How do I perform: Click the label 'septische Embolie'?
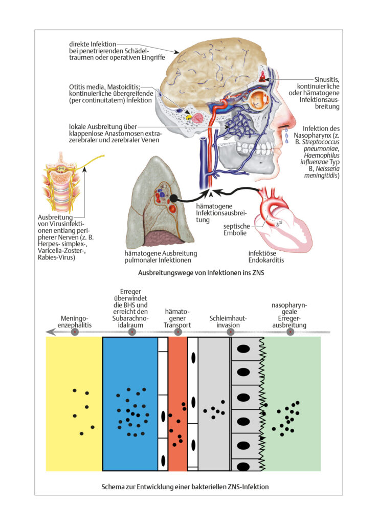click(236, 230)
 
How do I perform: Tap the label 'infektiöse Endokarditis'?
click(266, 256)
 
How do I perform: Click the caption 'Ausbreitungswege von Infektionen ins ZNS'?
click(201, 273)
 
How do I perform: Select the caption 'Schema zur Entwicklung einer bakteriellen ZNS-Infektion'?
click(185, 487)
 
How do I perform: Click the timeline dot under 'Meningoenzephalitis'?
click(75, 332)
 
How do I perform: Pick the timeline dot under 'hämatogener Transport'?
click(178, 332)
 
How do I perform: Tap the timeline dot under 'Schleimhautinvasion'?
click(230, 332)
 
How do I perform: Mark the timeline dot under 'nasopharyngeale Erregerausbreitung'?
click(290, 332)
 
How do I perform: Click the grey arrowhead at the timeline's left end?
click(51, 332)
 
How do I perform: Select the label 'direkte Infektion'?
click(93, 44)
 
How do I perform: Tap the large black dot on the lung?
click(173, 198)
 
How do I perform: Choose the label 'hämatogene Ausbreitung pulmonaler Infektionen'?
click(161, 257)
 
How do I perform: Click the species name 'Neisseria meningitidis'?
click(322, 172)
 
